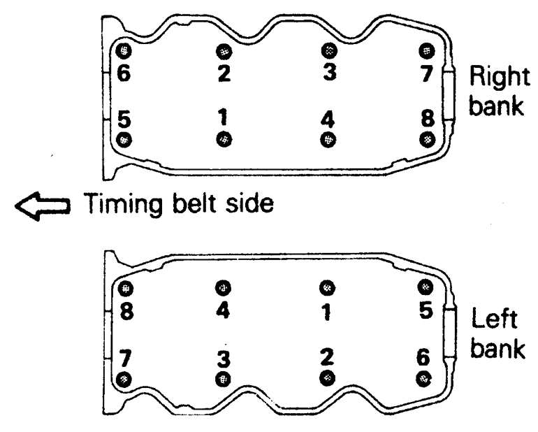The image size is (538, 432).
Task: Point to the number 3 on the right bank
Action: [328, 70]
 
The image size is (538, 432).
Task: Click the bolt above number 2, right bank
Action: [223, 51]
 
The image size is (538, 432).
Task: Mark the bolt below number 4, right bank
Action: [326, 139]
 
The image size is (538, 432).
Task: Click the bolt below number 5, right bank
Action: [124, 139]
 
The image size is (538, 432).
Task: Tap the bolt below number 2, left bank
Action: [326, 378]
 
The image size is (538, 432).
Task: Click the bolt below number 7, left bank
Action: [124, 379]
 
